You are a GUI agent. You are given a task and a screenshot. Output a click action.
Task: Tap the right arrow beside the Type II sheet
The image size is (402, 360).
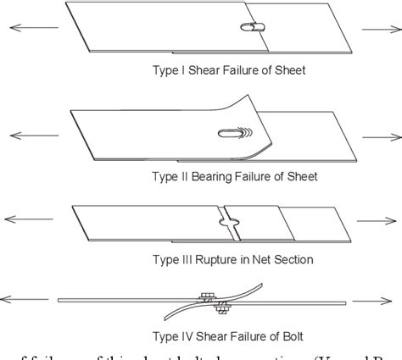[x=377, y=134]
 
